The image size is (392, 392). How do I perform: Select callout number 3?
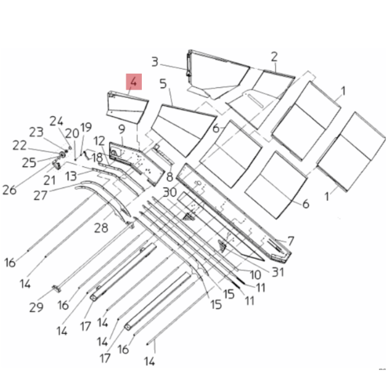pyautogui.click(x=155, y=62)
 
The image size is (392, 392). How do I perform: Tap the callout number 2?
pyautogui.click(x=274, y=56)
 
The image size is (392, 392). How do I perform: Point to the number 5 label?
pyautogui.click(x=163, y=83)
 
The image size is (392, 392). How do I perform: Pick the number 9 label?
pyautogui.click(x=122, y=128)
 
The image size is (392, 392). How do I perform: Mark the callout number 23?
pyautogui.click(x=37, y=132)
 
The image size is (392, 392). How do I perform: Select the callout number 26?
pyautogui.click(x=9, y=189)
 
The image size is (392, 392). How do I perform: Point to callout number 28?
pyautogui.click(x=100, y=228)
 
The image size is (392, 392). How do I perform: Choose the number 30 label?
pyautogui.click(x=169, y=192)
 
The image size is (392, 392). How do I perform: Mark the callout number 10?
pyautogui.click(x=256, y=274)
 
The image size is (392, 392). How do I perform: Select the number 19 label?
pyautogui.click(x=85, y=128)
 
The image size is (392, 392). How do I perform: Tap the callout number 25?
pyautogui.click(x=28, y=162)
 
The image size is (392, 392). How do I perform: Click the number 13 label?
pyautogui.click(x=71, y=176)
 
